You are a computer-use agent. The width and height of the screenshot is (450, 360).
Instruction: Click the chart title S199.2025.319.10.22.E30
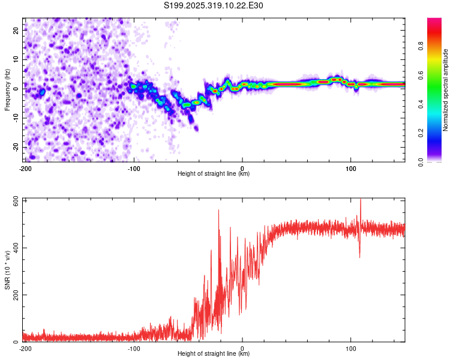tap(214, 5)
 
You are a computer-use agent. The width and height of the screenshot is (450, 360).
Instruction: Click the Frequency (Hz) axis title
tap(7, 90)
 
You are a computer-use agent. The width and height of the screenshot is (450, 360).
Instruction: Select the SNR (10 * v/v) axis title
tap(7, 271)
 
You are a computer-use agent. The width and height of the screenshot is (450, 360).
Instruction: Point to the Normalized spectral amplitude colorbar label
tap(446, 90)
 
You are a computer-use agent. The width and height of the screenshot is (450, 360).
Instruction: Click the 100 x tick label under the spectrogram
tap(351, 168)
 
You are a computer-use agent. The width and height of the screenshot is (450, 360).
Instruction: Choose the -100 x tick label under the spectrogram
tap(133, 168)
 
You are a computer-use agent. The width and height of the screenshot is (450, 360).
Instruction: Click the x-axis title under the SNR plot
tap(214, 354)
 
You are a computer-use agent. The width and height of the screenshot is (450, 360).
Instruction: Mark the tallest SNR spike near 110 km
tap(361, 200)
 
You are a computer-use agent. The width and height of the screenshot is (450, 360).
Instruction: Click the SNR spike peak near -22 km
tap(218, 210)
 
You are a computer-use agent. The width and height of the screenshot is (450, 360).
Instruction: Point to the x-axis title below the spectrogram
tap(214, 174)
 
